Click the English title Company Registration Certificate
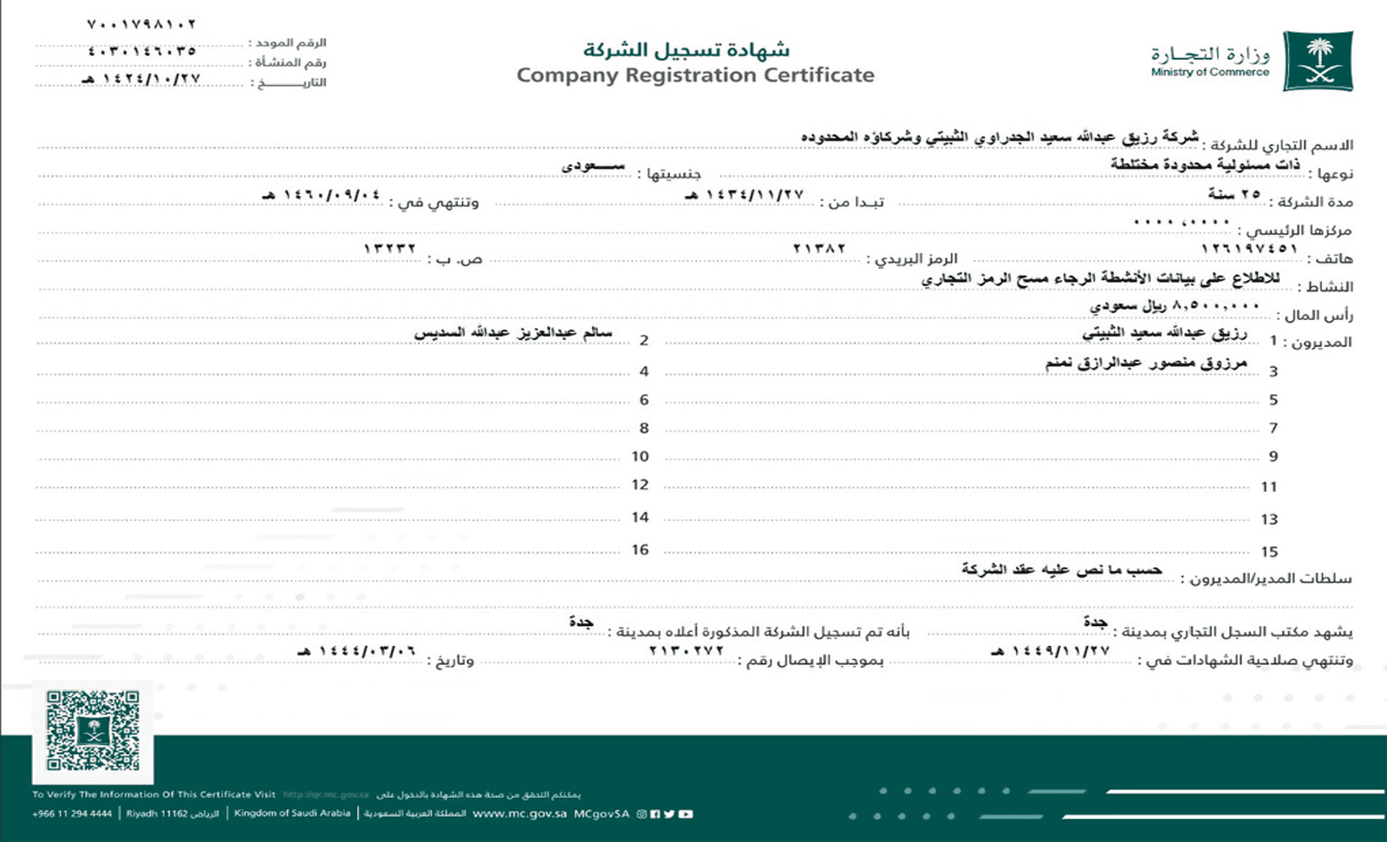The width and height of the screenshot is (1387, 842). (x=695, y=75)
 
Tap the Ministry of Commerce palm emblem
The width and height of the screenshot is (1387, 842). (x=1318, y=61)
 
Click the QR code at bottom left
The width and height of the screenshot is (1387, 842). (x=93, y=731)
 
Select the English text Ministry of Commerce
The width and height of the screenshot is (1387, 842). (x=1209, y=73)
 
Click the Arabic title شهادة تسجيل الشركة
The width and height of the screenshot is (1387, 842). (x=686, y=49)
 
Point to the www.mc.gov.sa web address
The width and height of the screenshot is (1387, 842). (x=519, y=813)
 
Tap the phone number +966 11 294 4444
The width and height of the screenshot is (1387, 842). (x=72, y=813)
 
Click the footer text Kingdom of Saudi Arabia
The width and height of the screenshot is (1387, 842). (x=292, y=813)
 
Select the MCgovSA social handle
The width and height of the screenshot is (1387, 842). (x=602, y=813)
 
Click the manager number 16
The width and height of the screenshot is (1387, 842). (x=640, y=550)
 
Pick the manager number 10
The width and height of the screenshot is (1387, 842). (x=640, y=456)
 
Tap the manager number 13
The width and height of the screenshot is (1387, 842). (x=1269, y=519)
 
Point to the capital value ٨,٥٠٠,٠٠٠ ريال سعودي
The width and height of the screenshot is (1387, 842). (x=1175, y=306)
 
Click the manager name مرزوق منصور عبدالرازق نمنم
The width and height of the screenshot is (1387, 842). (x=1146, y=362)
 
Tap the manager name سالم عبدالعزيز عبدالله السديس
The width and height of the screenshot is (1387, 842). (x=513, y=333)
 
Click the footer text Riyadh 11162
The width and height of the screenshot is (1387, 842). (x=173, y=813)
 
